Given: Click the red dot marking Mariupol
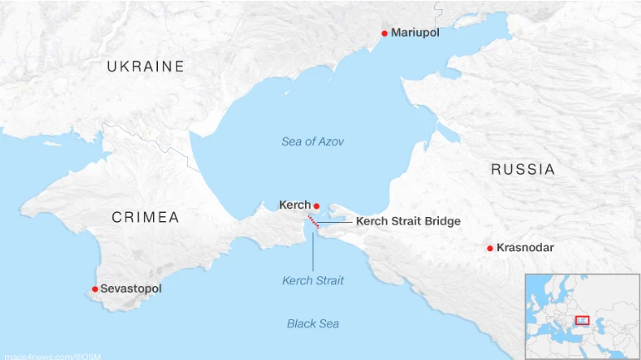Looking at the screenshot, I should click(384, 33).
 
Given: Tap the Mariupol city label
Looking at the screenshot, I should click(415, 33).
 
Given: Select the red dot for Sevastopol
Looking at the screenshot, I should click(95, 289).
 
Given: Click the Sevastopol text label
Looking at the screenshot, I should click(131, 289).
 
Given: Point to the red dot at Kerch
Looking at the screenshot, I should click(317, 205).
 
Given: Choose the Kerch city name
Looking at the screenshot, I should click(295, 205).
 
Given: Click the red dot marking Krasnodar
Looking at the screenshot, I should click(491, 248).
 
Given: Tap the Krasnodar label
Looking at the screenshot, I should click(525, 248).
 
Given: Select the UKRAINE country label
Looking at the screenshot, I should click(145, 67).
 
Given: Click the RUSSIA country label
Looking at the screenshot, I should click(523, 170).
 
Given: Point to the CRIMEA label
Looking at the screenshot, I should click(145, 218).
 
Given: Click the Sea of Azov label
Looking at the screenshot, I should click(313, 141).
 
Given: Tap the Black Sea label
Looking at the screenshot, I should click(313, 323).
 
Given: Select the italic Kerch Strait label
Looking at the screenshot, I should click(313, 281).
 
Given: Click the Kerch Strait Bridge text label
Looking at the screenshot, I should click(408, 222).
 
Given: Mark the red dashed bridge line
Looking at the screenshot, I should click(313, 221).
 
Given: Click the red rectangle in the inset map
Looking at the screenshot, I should click(582, 320).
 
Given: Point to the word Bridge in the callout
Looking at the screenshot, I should click(441, 222).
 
